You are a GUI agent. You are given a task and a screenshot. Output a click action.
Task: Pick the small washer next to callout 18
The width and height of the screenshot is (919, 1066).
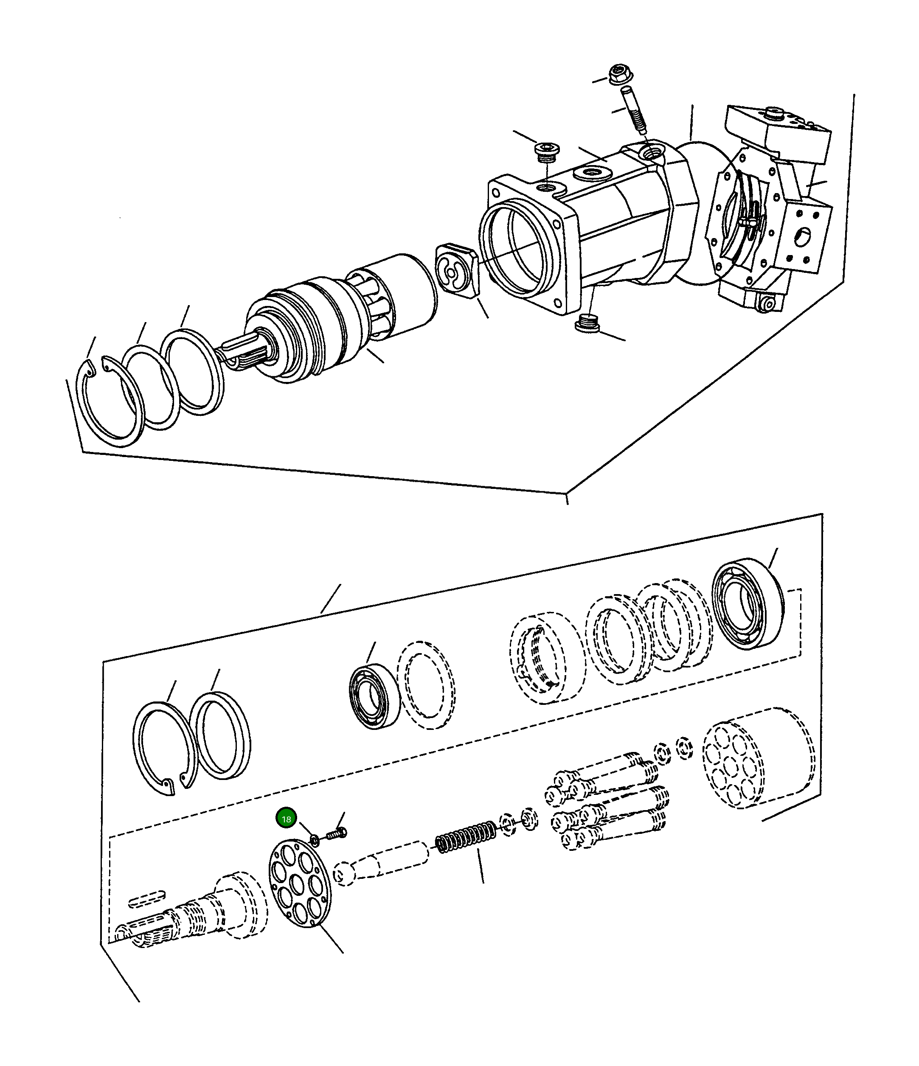pos(314,841)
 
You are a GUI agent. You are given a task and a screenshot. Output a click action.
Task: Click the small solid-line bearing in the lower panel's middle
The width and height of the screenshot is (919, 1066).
pos(374,696)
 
